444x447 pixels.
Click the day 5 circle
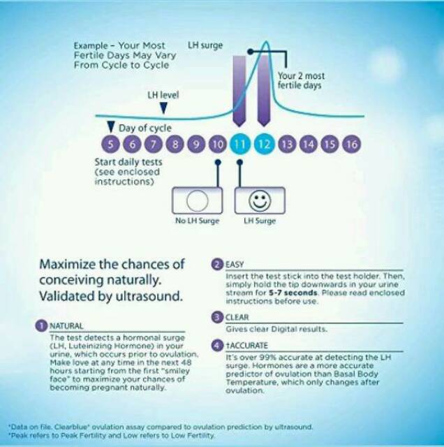point(110,144)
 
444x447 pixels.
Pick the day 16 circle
point(351,144)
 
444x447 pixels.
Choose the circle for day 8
point(175,144)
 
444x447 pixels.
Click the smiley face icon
point(260,200)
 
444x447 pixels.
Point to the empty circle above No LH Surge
point(197,200)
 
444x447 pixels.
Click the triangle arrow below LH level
point(163,108)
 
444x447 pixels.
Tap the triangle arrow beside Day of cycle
point(110,127)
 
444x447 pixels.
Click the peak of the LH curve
point(266,42)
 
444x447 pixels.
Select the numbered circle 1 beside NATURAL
point(41,325)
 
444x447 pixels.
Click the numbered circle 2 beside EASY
point(217,264)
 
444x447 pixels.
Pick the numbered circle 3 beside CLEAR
point(217,317)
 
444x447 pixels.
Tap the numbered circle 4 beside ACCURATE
point(217,345)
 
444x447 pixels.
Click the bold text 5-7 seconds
point(293,293)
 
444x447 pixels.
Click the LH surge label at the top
point(205,45)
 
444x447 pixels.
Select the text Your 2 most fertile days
point(301,81)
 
